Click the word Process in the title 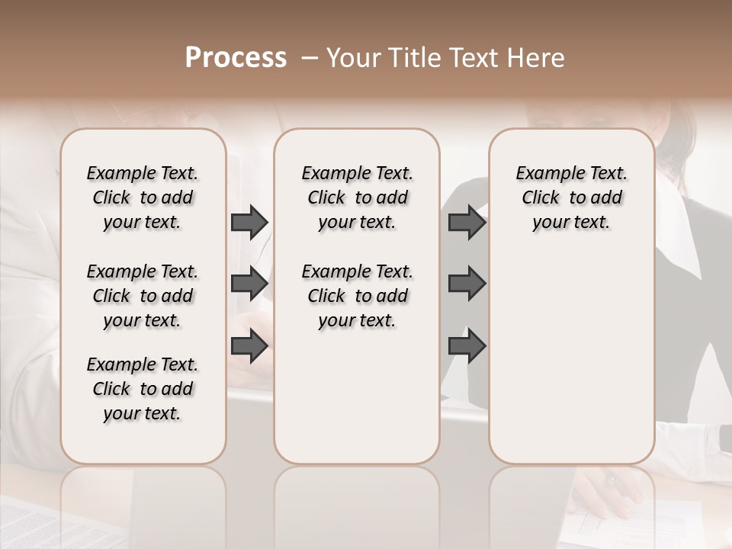coord(236,58)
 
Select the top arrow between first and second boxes coord(249,223)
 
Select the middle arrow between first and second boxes coord(249,284)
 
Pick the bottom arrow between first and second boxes coord(249,346)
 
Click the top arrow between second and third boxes coord(467,223)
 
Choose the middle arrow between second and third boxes coord(467,284)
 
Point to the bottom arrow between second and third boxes coord(467,346)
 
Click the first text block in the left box coord(143,197)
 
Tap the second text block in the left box coord(143,296)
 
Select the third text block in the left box coord(143,389)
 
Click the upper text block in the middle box coord(357,197)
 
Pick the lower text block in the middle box coord(357,296)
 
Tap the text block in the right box coord(571,197)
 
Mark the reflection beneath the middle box coord(357,503)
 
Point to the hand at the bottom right coord(610,496)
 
